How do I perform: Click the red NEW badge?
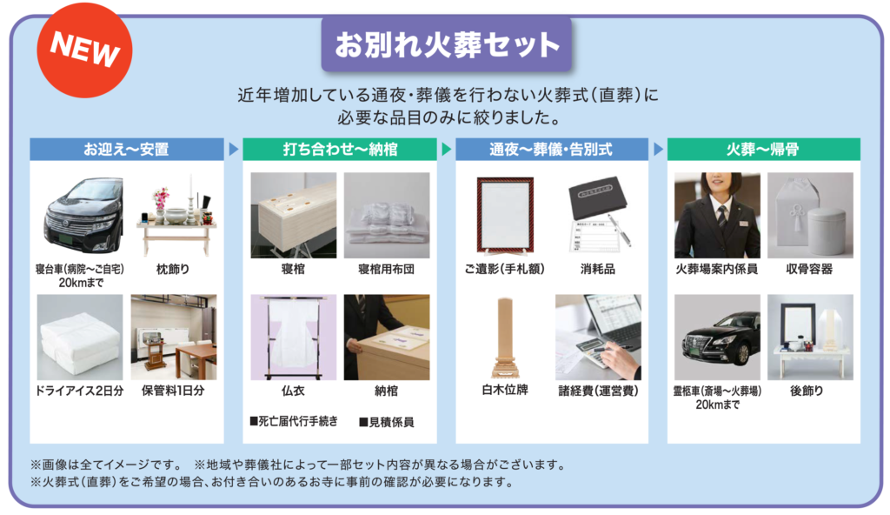[x=84, y=50]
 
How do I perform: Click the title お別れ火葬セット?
[x=447, y=45]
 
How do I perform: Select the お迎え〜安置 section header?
[x=127, y=149]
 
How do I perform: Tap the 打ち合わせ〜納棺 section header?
[x=340, y=149]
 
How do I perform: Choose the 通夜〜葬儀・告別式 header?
[x=552, y=149]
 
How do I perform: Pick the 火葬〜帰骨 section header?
[x=763, y=149]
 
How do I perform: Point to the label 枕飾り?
[x=173, y=270]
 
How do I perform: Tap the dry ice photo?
[x=80, y=337]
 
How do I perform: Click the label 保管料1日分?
[x=173, y=391]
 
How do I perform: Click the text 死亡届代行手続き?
[x=294, y=421]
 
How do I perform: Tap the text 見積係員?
[x=387, y=422]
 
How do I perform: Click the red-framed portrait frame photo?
[x=505, y=216]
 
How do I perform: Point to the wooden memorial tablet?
[x=505, y=338]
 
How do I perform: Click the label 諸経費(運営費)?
[x=598, y=391]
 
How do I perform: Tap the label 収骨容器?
[x=809, y=270]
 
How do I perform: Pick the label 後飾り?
[x=807, y=391]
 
